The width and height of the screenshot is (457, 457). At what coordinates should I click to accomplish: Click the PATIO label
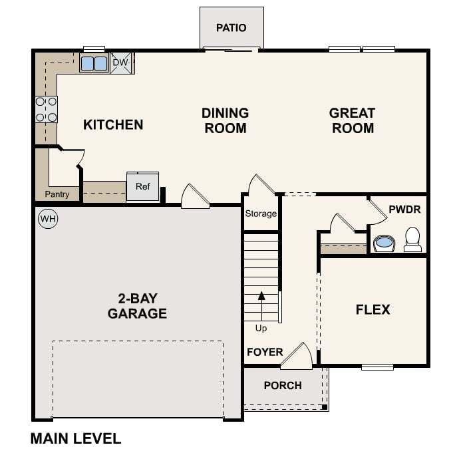231,28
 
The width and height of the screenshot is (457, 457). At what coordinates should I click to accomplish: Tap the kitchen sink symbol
94,63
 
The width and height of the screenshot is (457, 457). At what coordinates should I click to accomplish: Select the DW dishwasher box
120,63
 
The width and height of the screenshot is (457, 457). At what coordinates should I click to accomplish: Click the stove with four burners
46,110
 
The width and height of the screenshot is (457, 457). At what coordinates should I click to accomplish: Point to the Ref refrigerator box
143,187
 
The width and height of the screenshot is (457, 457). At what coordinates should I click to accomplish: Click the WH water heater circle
47,218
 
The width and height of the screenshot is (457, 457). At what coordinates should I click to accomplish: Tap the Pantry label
57,194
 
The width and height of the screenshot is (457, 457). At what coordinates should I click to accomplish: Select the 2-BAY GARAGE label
137,305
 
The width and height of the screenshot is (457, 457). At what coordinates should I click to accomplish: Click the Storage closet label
261,214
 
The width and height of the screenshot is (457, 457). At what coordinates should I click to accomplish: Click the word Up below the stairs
261,328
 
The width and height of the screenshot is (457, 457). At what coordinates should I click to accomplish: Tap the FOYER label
265,352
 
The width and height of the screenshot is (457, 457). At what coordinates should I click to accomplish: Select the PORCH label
283,385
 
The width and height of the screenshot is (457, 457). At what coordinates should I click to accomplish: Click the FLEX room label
373,309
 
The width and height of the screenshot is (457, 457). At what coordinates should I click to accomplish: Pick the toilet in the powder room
412,239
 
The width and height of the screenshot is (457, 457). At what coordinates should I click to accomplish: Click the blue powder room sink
384,243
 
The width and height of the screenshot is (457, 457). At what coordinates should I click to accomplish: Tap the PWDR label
404,210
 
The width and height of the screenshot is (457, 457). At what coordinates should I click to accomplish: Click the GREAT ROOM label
352,120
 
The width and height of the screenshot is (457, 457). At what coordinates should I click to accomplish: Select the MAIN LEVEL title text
76,438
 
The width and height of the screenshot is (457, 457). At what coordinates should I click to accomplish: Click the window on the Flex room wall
377,367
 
